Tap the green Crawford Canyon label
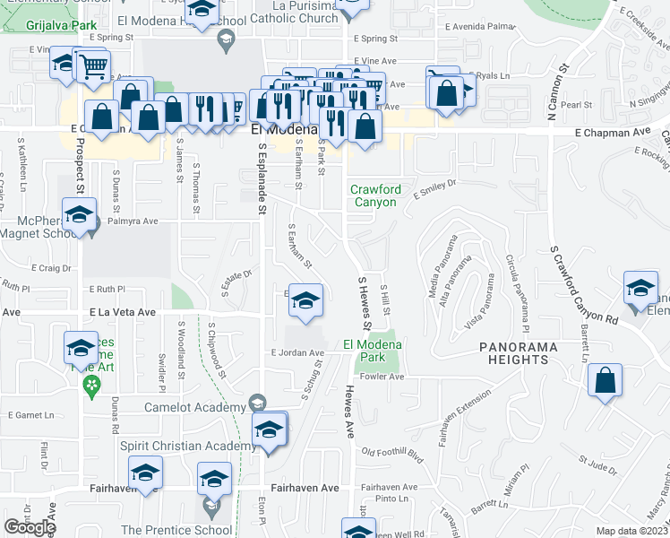click(x=374, y=195)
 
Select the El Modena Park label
click(x=372, y=350)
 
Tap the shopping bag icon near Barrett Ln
click(x=606, y=380)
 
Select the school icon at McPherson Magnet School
click(x=80, y=219)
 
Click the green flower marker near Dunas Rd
click(x=90, y=386)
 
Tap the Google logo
click(x=30, y=526)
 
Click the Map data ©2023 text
click(x=631, y=531)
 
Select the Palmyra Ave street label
click(x=132, y=221)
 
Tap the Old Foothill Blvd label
click(x=391, y=454)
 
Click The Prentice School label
click(x=176, y=530)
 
